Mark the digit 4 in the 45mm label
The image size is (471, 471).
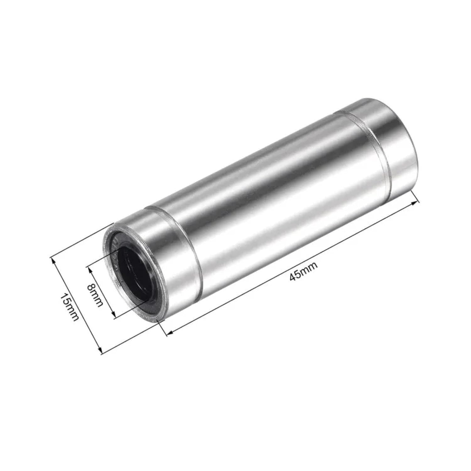click(x=294, y=276)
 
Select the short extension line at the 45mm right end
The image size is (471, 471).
click(x=414, y=197)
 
